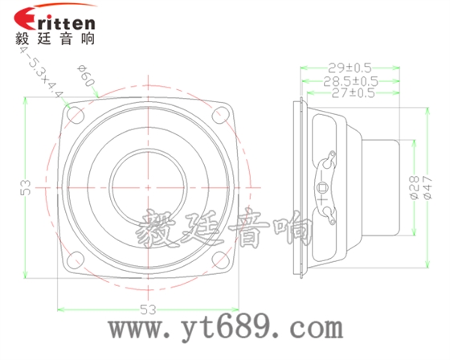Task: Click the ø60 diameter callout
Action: [87, 79]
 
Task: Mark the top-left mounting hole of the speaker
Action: [76, 115]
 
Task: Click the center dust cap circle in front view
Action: [148, 186]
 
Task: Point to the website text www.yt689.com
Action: [227, 329]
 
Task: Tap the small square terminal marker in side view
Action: [323, 187]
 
